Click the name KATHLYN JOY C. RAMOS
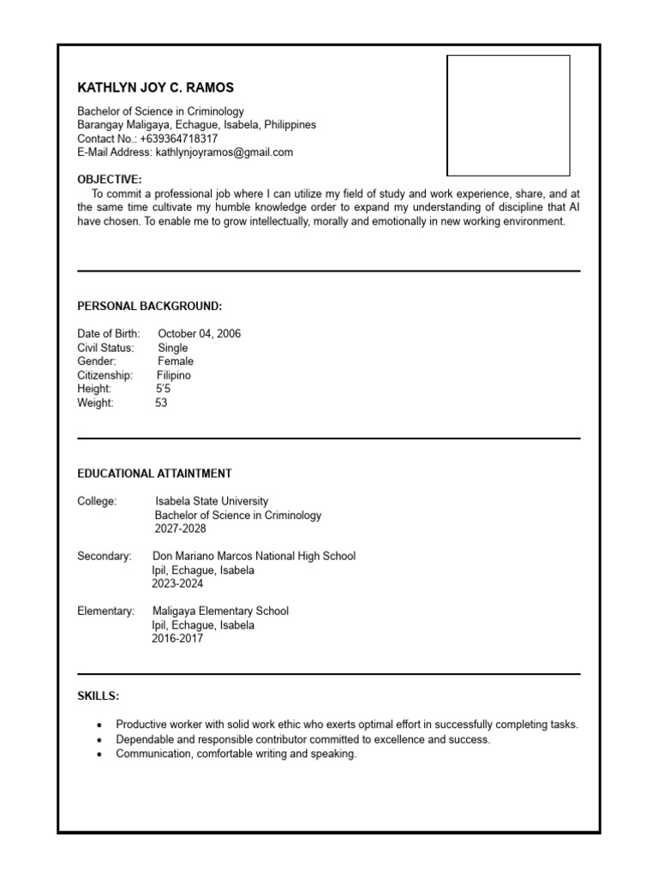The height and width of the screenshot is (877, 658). [x=155, y=87]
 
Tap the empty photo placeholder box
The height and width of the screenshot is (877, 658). [x=508, y=116]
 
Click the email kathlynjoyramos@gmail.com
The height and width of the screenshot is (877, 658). [x=224, y=152]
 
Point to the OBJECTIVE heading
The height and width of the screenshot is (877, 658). [x=110, y=180]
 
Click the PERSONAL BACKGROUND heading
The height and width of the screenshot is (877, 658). [x=149, y=307]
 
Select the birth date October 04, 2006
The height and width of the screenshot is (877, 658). [x=199, y=334]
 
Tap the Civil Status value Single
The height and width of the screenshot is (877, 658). [x=172, y=348]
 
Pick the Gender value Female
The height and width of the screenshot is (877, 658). [x=175, y=361]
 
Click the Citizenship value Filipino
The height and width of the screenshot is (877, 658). [x=174, y=375]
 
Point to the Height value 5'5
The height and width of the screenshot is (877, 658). [x=163, y=389]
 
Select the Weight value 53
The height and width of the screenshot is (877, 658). [x=161, y=403]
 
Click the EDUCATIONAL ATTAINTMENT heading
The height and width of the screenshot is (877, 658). [x=154, y=474]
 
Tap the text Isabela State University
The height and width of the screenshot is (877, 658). [x=211, y=501]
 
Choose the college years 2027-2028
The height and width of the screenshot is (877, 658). [x=180, y=528]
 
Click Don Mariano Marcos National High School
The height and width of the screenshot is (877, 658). [x=254, y=556]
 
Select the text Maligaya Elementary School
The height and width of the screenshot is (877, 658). [x=220, y=611]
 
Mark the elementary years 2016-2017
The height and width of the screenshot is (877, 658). [x=177, y=638]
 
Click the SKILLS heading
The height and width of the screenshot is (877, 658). [x=99, y=696]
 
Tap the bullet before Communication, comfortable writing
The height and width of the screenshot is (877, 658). [x=100, y=755]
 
